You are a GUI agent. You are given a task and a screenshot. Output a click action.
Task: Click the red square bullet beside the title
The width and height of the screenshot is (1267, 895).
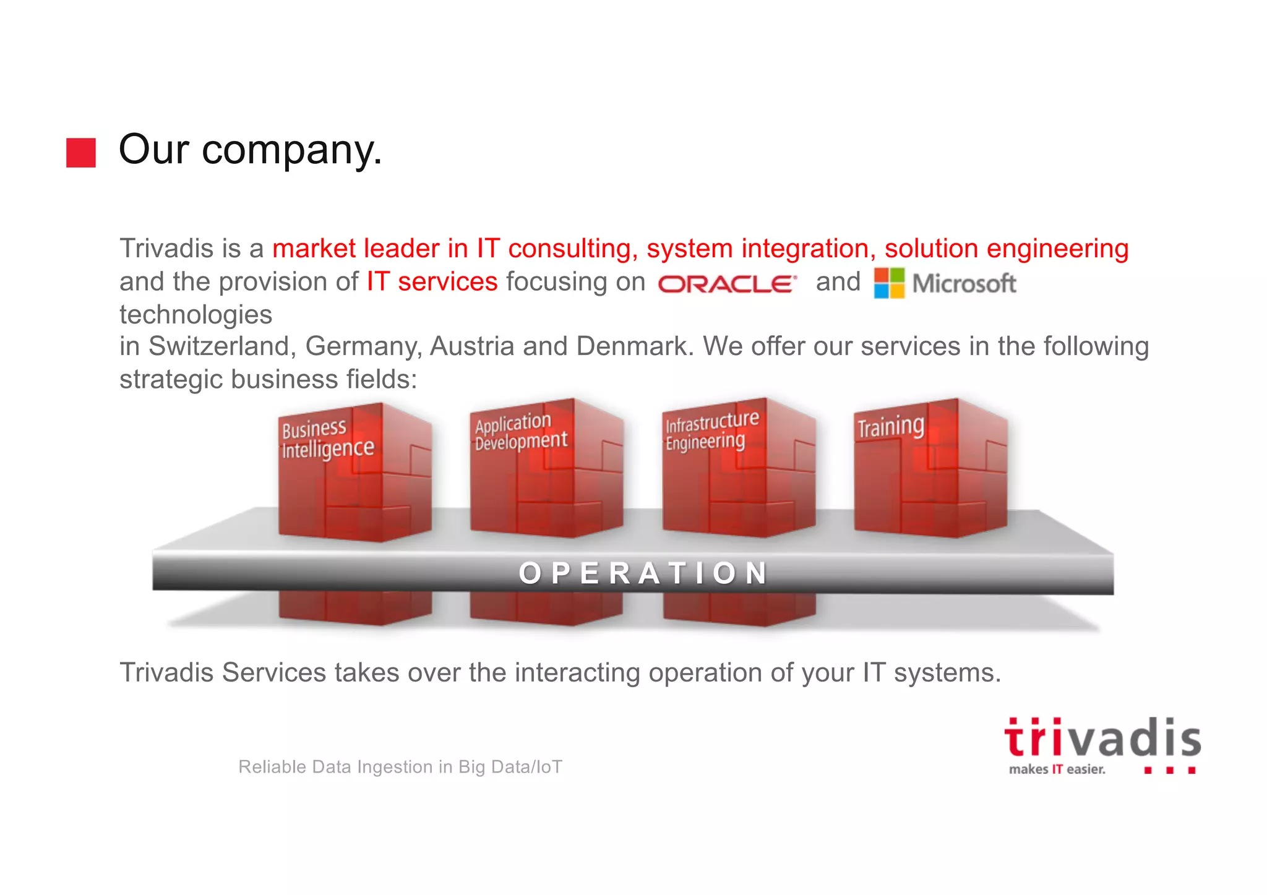click(81, 152)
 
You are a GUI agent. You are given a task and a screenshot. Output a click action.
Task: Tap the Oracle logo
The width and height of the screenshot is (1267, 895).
click(727, 284)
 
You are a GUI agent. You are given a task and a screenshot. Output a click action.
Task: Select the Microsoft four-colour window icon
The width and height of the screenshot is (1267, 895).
click(889, 283)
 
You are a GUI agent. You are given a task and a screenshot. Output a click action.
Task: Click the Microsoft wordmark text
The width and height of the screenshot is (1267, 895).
click(964, 284)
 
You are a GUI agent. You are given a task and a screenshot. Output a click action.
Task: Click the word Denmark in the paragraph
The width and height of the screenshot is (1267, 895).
click(632, 346)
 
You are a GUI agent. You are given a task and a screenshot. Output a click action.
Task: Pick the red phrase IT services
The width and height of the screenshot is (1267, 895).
click(432, 282)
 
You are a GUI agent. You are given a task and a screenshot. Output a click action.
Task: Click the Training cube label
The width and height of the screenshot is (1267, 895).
click(890, 427)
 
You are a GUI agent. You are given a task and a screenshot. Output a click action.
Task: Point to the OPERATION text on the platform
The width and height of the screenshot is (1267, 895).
click(643, 573)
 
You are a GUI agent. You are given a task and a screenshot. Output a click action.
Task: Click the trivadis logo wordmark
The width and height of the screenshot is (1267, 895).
click(1102, 739)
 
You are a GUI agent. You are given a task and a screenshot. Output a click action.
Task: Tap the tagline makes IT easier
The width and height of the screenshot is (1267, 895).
click(1057, 769)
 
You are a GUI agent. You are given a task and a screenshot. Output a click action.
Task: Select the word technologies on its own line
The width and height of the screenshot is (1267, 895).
click(195, 315)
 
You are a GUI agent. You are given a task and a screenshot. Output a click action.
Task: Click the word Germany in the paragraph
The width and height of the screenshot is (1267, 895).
click(363, 346)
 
